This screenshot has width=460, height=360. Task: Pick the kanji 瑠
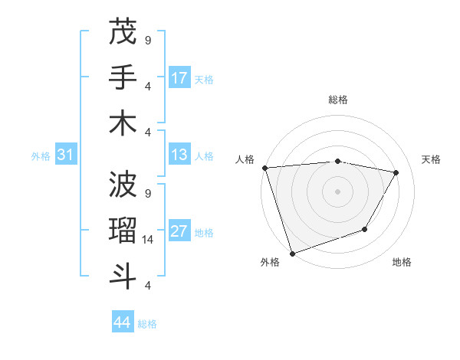pyautogui.click(x=123, y=230)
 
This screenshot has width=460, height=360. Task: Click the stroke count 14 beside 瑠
pyautogui.click(x=149, y=240)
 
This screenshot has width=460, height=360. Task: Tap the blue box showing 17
pyautogui.click(x=179, y=78)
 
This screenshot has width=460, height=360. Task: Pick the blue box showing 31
pyautogui.click(x=66, y=155)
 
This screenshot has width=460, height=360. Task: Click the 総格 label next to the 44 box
pyautogui.click(x=147, y=324)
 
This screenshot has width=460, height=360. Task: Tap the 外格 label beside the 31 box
pyautogui.click(x=41, y=156)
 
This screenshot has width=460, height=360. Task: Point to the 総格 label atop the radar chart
pyautogui.click(x=337, y=100)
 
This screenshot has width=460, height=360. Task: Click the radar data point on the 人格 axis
pyautogui.click(x=264, y=168)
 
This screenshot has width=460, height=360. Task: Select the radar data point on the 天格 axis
pyautogui.click(x=396, y=173)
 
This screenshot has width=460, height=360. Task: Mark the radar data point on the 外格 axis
pyautogui.click(x=292, y=254)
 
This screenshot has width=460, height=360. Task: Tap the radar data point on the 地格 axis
pyautogui.click(x=365, y=229)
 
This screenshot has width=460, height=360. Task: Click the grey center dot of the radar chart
pyautogui.click(x=337, y=191)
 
